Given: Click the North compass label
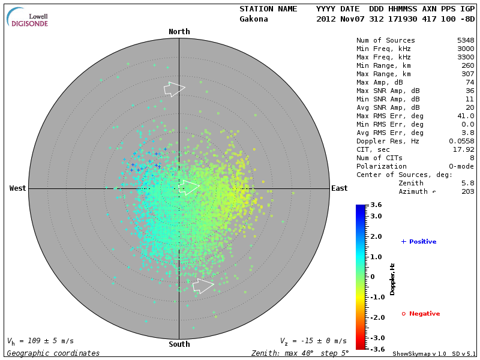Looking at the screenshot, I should click(179, 32).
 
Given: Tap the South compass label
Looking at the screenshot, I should click(179, 344).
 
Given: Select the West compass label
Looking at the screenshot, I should click(18, 188).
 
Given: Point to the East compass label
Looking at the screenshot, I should click(339, 188).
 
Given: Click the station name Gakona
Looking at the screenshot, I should click(254, 19).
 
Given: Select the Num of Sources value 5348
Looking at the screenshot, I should click(466, 41).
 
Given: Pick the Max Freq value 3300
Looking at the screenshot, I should click(466, 57).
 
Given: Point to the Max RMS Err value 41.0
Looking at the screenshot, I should click(466, 116).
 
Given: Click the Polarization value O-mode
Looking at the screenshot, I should click(461, 166).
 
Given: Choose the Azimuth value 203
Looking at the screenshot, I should click(468, 191).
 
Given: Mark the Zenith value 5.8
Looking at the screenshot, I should click(468, 183).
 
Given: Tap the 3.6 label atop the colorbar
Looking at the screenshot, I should click(376, 205).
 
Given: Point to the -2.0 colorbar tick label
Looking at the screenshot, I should click(376, 317).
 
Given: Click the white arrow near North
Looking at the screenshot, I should click(174, 89).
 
